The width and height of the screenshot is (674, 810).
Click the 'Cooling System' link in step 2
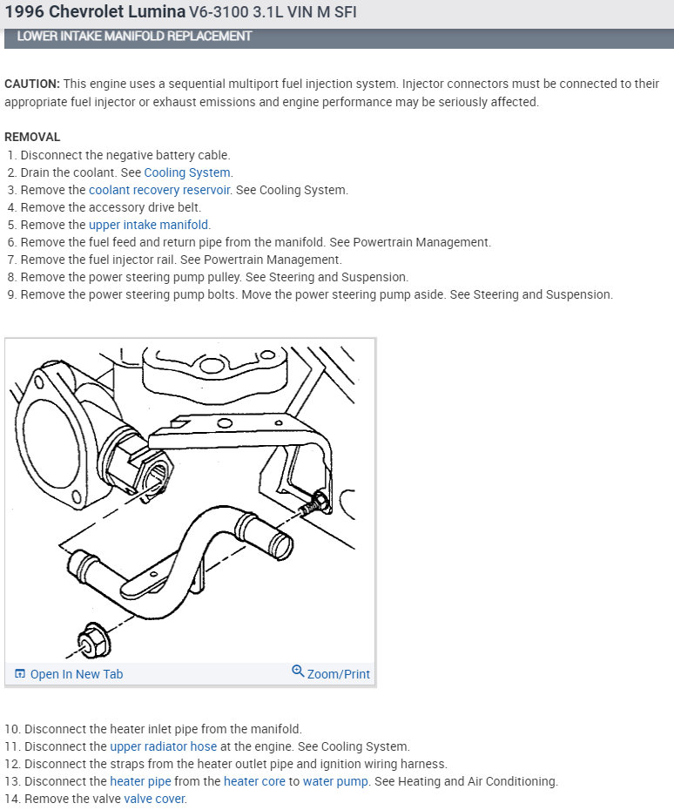click(187, 172)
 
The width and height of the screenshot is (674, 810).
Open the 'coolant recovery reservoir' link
click(159, 190)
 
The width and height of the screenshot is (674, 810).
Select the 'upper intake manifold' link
click(148, 225)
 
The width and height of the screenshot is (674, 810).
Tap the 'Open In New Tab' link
click(77, 674)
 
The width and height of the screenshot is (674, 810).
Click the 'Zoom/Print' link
click(338, 674)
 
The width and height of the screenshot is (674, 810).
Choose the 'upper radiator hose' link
click(163, 746)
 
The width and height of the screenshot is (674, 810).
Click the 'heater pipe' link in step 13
click(140, 781)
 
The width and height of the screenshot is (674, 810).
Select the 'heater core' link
click(254, 781)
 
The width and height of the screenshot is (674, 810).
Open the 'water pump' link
click(335, 781)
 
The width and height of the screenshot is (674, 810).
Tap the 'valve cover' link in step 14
click(155, 799)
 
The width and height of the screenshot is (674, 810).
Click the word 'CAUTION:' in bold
click(32, 84)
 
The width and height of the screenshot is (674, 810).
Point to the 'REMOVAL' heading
click(32, 137)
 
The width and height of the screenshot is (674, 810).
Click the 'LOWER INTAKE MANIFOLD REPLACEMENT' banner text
click(134, 37)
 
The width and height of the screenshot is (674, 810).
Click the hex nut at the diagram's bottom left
click(91, 642)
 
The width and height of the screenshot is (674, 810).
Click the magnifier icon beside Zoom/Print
click(298, 672)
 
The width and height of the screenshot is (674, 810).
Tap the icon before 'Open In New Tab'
click(20, 674)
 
